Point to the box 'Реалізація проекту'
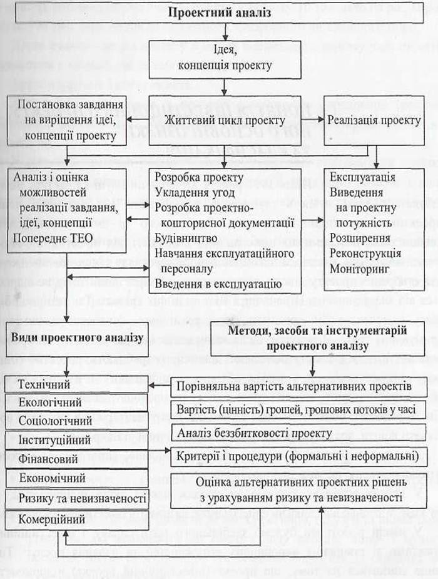(374, 120)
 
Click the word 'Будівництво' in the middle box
(186, 238)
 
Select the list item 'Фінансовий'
(49, 459)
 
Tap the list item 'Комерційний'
(53, 520)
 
